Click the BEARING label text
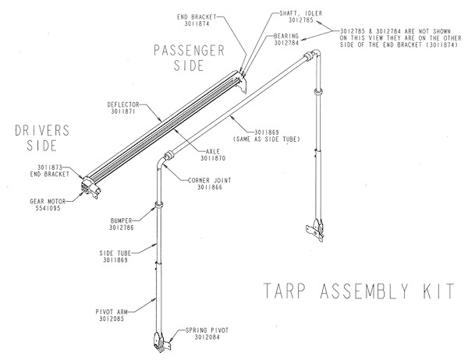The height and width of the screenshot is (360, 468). click(x=286, y=37)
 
